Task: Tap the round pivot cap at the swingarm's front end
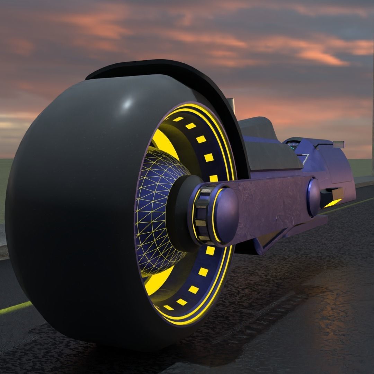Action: click(314, 197)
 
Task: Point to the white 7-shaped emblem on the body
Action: click(305, 159)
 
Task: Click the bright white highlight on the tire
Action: click(128, 103)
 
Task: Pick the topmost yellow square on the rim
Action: click(178, 119)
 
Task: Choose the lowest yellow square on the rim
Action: click(169, 307)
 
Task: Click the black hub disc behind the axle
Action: click(180, 211)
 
